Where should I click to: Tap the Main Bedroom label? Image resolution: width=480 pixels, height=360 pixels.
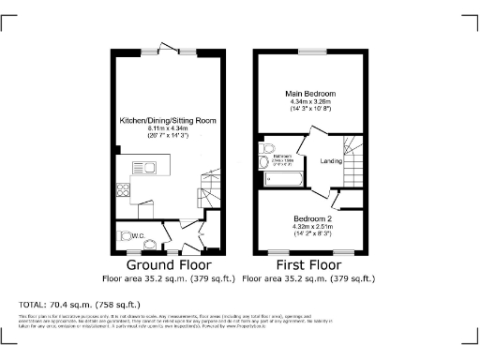(310, 94)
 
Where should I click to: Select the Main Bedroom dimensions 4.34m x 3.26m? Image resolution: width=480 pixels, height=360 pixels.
(310, 102)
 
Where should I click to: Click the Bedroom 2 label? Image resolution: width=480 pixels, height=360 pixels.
(310, 217)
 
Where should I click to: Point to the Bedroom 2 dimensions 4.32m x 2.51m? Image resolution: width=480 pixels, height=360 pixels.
(310, 226)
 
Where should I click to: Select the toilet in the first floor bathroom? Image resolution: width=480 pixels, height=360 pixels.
(262, 160)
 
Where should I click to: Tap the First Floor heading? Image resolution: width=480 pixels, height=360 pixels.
(308, 265)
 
